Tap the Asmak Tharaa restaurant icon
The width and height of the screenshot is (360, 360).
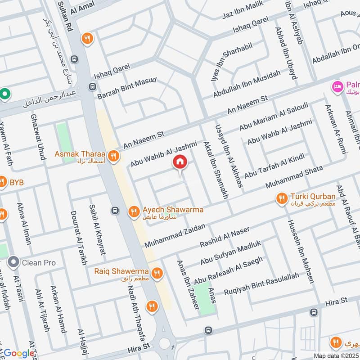pos(114,156)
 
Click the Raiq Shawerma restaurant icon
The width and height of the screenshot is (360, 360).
pos(157,273)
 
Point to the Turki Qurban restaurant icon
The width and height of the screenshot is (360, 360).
pos(282,198)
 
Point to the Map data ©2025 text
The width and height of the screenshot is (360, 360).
pos(336,355)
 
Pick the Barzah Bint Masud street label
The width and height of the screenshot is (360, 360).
pos(126,90)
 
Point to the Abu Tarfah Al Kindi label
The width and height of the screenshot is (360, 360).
pos(274,165)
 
